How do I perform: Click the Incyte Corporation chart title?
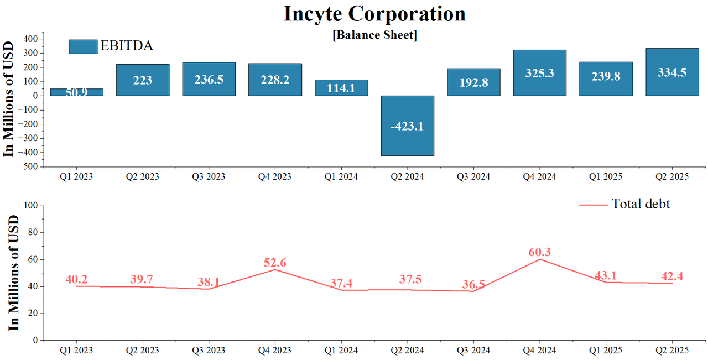(x=374, y=14)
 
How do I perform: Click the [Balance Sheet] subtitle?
(x=374, y=35)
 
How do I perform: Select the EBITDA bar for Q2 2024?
(x=408, y=126)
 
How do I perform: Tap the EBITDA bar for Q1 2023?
(x=76, y=92)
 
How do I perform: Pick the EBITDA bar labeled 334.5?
(x=672, y=72)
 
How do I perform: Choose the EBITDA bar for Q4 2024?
(x=540, y=73)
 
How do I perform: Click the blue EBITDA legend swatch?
(x=83, y=46)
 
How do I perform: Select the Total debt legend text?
(x=641, y=204)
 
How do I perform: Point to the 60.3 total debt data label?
(x=540, y=252)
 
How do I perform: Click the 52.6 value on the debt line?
(x=275, y=262)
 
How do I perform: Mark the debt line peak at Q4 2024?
(x=540, y=259)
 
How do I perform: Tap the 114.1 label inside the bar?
(x=341, y=88)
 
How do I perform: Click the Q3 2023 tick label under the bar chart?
(x=209, y=177)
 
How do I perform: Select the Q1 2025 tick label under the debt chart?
(x=606, y=350)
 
